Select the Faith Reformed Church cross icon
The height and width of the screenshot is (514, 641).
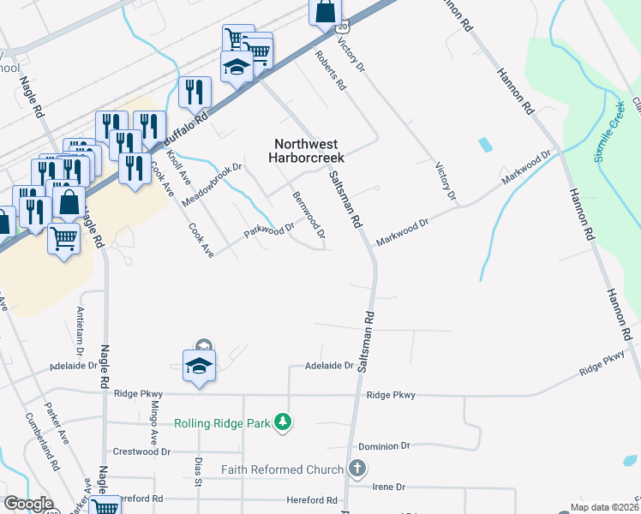(x=357, y=469)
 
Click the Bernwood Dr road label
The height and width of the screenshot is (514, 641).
(x=309, y=215)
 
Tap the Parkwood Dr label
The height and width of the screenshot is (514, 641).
(x=268, y=231)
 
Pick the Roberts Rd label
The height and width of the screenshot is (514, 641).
(x=330, y=72)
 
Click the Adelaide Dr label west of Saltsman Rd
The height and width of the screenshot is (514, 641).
(x=329, y=366)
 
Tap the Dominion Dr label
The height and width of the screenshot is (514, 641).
(x=385, y=446)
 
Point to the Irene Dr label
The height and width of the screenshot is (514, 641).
(x=388, y=487)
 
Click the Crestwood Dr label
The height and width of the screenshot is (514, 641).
(x=142, y=451)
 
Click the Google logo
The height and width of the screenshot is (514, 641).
(x=27, y=504)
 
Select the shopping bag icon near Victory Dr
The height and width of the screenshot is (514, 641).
(x=326, y=12)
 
